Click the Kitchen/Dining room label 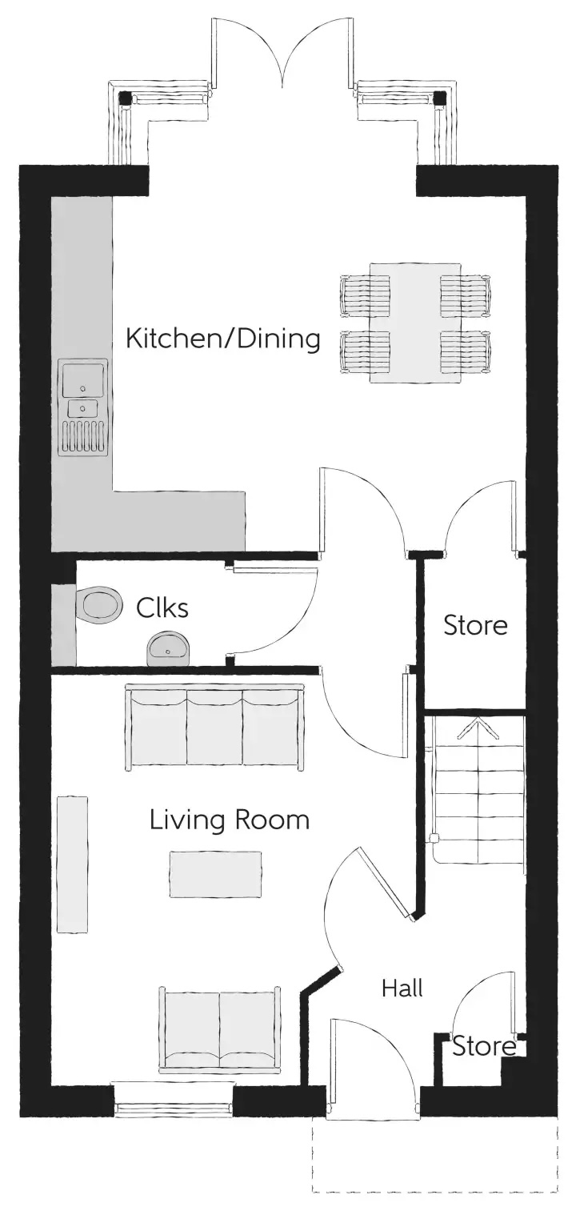click(x=223, y=339)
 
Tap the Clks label click(x=162, y=608)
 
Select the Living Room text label click(x=229, y=820)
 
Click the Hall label click(x=402, y=988)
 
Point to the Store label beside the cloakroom click(x=475, y=625)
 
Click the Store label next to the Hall click(x=484, y=1046)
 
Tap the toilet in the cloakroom click(x=99, y=603)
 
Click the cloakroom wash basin click(x=168, y=648)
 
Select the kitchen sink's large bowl click(x=84, y=379)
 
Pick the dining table click(x=415, y=323)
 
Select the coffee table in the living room click(x=216, y=874)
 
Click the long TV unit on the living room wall click(x=73, y=864)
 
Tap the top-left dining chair click(x=365, y=295)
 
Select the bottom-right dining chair click(x=465, y=351)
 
